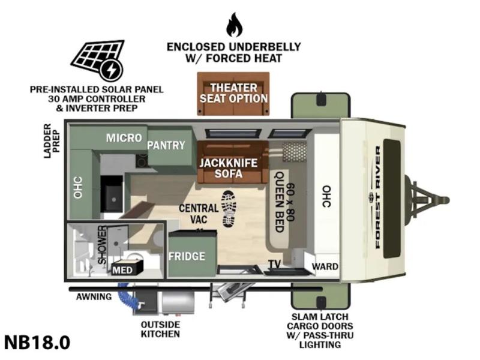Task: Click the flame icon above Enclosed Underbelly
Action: [x=234, y=25]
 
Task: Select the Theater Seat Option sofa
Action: [x=233, y=94]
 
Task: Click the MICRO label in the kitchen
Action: [x=124, y=138]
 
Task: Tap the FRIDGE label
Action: [x=187, y=256]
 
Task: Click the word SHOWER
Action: [x=102, y=245]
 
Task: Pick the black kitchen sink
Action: [x=112, y=193]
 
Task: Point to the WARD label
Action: [x=325, y=266]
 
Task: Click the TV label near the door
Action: [x=275, y=264]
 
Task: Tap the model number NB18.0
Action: [x=37, y=342]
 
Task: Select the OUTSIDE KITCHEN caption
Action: [x=160, y=329]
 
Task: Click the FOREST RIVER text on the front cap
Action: [x=378, y=197]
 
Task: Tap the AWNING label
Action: [x=94, y=296]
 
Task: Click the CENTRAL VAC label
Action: [x=199, y=214]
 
